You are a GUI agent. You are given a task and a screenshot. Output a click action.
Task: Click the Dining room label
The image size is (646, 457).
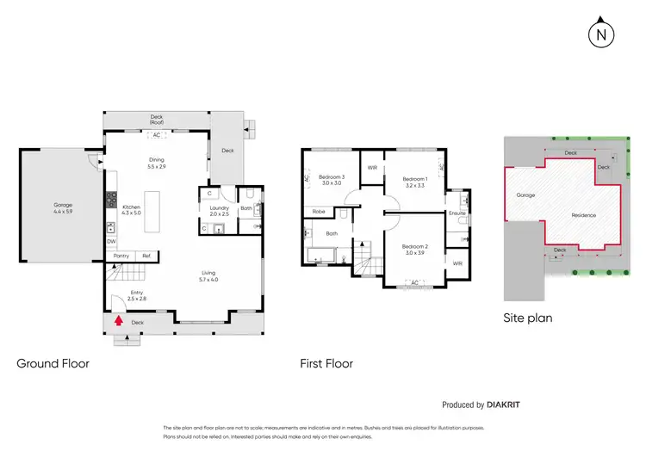(x=156, y=161)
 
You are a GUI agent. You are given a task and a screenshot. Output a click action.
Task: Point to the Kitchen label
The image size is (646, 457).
(x=131, y=207)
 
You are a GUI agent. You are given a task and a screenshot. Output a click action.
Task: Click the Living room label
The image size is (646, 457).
(x=208, y=275)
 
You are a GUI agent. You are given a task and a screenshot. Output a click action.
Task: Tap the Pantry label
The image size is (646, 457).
(x=121, y=256)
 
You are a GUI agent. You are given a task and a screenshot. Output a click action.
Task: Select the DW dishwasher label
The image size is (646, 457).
(x=111, y=242)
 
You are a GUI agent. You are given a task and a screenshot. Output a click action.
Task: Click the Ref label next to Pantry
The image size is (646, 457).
(x=146, y=256)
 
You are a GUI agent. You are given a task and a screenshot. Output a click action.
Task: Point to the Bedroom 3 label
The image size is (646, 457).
(x=332, y=177)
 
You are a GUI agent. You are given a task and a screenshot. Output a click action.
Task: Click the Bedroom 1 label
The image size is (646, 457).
(x=416, y=180)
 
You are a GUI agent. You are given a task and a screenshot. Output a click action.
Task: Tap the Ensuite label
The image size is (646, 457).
(x=457, y=213)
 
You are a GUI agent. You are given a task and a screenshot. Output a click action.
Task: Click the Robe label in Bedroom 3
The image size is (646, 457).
(x=318, y=211)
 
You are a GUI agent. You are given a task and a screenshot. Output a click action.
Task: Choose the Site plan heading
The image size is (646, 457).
(x=527, y=318)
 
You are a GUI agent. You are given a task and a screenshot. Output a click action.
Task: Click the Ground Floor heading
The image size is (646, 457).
(x=53, y=363)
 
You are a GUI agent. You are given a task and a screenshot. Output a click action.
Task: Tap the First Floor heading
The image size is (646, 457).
(x=326, y=363)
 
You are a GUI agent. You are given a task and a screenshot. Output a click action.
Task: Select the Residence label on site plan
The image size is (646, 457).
(x=585, y=215)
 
